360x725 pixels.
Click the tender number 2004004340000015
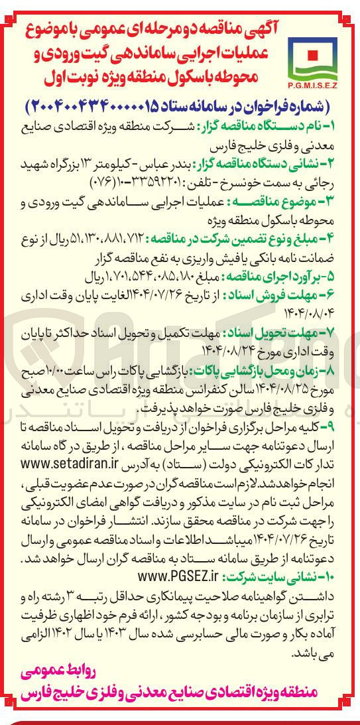tap(87, 106)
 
